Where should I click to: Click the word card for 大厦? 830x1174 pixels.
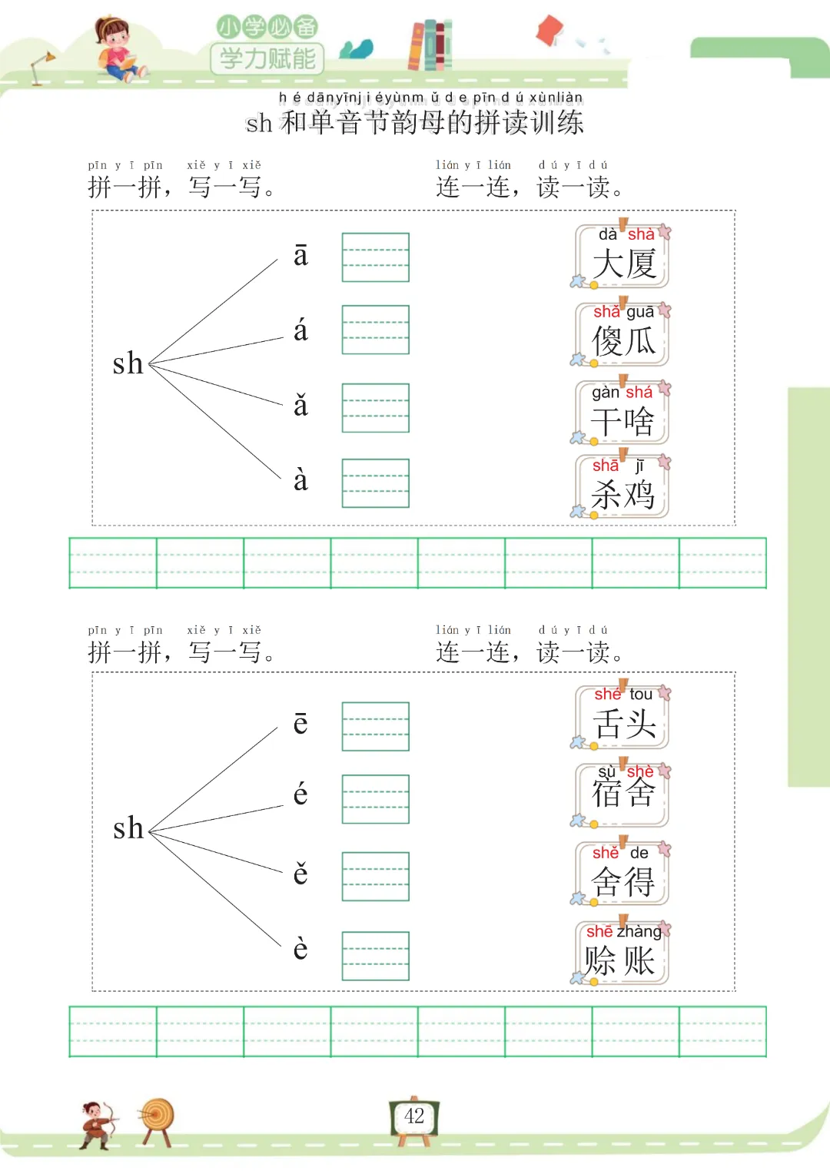(x=622, y=257)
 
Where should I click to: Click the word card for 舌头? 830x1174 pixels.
(x=622, y=718)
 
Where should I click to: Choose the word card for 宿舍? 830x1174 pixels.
(x=622, y=794)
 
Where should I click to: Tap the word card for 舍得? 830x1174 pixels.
(x=622, y=874)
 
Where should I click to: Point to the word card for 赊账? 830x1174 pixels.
(x=621, y=953)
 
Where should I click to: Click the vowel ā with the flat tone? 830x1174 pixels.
(x=300, y=256)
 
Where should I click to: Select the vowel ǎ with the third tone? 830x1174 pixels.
(x=300, y=405)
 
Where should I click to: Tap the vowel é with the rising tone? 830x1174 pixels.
(x=300, y=794)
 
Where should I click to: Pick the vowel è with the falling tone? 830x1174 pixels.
(x=300, y=949)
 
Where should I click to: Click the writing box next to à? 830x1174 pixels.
(x=375, y=483)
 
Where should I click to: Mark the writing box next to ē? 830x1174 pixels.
(x=375, y=726)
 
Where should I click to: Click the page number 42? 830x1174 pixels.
(x=414, y=1116)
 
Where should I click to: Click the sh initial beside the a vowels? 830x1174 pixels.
(x=128, y=363)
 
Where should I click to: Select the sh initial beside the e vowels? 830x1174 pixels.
(x=128, y=828)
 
